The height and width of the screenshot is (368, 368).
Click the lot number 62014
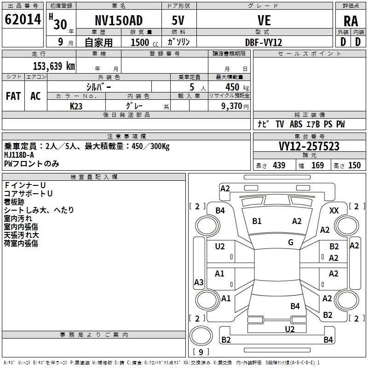(x=23, y=19)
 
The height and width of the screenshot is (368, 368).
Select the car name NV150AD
(x=119, y=20)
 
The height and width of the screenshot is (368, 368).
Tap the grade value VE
(x=264, y=20)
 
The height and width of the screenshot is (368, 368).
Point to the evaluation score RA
(x=351, y=21)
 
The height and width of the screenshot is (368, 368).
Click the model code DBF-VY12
(x=264, y=42)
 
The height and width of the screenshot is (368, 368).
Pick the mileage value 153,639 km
(x=54, y=66)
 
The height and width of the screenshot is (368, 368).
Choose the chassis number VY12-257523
(x=309, y=146)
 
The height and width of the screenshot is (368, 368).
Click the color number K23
(x=76, y=106)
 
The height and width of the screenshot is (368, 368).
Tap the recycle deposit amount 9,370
(x=232, y=106)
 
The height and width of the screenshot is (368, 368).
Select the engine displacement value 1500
(x=140, y=42)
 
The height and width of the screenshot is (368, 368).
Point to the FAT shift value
(x=13, y=96)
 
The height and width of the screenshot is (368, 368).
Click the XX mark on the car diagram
(x=334, y=211)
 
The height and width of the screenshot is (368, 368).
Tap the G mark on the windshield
(x=291, y=242)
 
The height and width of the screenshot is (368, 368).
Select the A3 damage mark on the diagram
(x=199, y=282)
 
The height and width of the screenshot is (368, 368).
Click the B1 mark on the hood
(x=257, y=221)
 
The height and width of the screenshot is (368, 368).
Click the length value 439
(x=279, y=165)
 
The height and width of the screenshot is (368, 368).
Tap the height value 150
(x=354, y=165)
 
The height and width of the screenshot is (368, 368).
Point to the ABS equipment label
(x=296, y=124)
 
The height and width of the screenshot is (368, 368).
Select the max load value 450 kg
(x=237, y=87)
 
